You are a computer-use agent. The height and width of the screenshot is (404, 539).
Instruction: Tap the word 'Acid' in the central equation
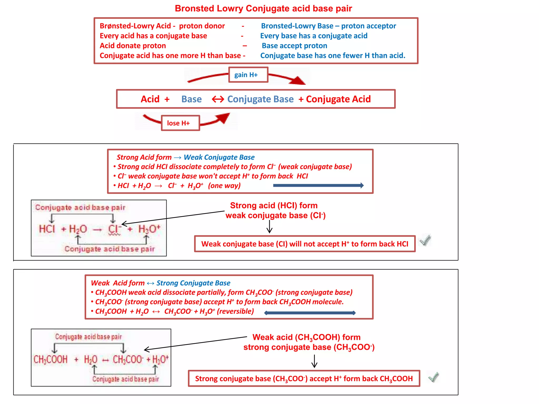(x=150, y=99)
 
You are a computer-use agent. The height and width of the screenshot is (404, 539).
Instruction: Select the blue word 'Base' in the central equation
(x=191, y=99)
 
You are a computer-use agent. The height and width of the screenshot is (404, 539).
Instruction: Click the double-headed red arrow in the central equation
(x=218, y=99)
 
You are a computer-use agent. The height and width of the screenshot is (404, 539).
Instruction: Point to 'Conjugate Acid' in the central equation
(x=338, y=99)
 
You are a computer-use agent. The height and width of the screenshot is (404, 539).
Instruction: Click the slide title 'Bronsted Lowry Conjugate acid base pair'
(x=263, y=8)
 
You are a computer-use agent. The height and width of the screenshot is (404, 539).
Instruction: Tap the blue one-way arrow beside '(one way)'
(x=318, y=185)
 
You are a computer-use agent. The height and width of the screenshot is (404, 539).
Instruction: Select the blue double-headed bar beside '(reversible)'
(x=310, y=313)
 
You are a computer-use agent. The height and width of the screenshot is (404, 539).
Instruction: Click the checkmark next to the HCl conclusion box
(x=425, y=240)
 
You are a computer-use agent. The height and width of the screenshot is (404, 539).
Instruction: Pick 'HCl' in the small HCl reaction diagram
(x=47, y=229)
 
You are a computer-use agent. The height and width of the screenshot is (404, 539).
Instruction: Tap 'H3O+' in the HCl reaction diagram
(x=149, y=229)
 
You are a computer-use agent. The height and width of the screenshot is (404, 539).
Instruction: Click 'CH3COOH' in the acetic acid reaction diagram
(x=51, y=359)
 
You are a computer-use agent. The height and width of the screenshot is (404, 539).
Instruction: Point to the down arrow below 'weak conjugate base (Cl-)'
(x=269, y=227)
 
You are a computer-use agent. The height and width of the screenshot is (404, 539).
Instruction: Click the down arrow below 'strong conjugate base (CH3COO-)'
(x=314, y=361)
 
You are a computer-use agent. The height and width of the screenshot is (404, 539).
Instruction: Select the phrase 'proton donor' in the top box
(x=202, y=26)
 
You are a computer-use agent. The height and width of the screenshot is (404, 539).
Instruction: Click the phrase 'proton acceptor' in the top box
(x=368, y=26)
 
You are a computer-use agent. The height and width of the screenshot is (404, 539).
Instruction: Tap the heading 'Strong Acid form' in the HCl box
(x=144, y=157)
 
